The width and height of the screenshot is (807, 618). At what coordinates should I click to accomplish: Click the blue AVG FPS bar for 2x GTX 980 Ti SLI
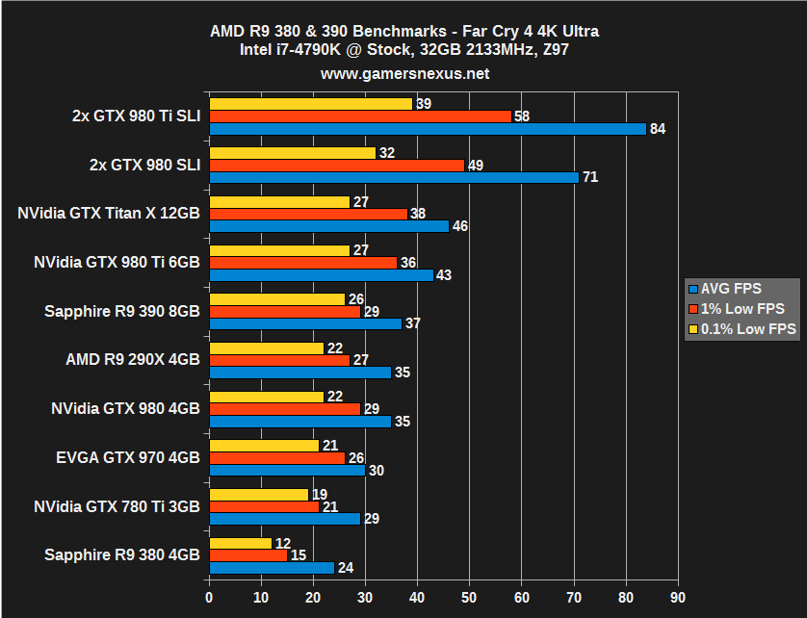pyautogui.click(x=427, y=129)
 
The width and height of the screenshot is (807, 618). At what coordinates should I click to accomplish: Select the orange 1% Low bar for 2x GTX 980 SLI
pyautogui.click(x=336, y=166)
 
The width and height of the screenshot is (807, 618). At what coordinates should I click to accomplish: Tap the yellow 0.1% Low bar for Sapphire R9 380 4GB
pyautogui.click(x=240, y=544)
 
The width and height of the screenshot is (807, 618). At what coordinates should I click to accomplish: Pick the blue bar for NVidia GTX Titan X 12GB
pyautogui.click(x=328, y=226)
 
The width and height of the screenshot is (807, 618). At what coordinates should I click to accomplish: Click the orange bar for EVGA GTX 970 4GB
pyautogui.click(x=276, y=457)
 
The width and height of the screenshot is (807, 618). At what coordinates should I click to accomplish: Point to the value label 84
pyautogui.click(x=659, y=129)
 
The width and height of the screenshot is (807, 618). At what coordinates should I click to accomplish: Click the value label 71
pyautogui.click(x=590, y=177)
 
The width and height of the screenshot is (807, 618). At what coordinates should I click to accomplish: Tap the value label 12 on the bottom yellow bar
pyautogui.click(x=283, y=544)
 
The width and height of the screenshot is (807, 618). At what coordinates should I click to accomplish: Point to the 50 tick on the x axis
pyautogui.click(x=470, y=597)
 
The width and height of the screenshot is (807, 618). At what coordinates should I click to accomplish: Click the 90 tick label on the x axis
pyautogui.click(x=679, y=597)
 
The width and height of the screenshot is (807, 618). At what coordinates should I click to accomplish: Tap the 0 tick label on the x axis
pyautogui.click(x=209, y=597)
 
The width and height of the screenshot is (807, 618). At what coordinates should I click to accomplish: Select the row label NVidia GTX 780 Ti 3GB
pyautogui.click(x=117, y=505)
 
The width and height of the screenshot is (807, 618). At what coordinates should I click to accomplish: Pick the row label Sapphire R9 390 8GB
pyautogui.click(x=122, y=311)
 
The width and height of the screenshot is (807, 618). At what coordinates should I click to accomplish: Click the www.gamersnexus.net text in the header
pyautogui.click(x=404, y=73)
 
